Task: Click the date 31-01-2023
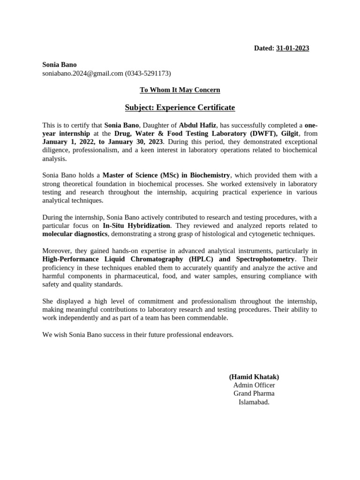tap(292, 48)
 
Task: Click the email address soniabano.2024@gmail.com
tap(82, 73)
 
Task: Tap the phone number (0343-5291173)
tap(148, 73)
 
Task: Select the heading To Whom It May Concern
tap(180, 90)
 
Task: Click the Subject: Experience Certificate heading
tap(180, 108)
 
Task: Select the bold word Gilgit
tap(289, 134)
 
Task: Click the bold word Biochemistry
tap(210, 175)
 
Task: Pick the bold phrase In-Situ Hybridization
tap(136, 225)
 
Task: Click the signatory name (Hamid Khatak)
tap(254, 376)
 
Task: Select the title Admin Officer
tap(254, 385)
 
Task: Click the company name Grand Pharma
tap(254, 393)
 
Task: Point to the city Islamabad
tap(254, 402)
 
